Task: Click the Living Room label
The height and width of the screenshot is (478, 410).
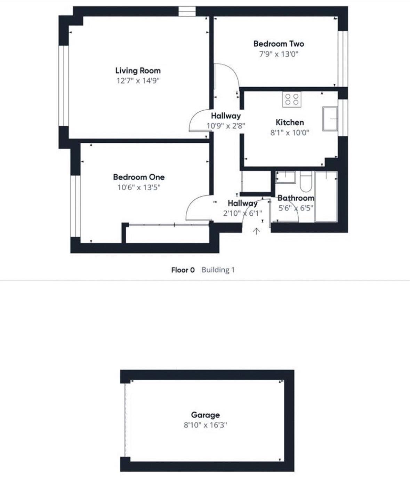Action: click(138, 71)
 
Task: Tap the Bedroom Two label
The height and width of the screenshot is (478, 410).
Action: click(279, 44)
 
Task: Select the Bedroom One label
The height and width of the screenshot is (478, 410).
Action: click(139, 177)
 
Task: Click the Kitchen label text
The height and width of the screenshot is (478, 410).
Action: click(290, 122)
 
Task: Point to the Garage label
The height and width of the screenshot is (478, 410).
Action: click(205, 415)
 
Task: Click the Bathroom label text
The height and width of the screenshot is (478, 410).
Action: click(296, 198)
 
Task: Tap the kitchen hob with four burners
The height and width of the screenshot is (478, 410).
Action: click(292, 99)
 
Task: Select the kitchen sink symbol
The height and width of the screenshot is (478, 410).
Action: click(330, 119)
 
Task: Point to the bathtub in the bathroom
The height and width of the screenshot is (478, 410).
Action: click(326, 197)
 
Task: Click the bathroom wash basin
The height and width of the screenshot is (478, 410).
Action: click(286, 177)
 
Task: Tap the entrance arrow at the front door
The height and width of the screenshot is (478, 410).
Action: click(256, 231)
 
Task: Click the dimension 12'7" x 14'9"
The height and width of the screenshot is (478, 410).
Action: click(138, 81)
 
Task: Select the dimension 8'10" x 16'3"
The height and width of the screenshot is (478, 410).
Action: click(205, 425)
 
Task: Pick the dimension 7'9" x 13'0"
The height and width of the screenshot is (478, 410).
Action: click(279, 54)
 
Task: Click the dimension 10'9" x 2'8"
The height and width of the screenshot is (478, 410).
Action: click(226, 126)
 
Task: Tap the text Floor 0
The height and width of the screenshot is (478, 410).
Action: click(183, 270)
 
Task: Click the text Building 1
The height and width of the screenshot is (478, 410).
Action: click(218, 270)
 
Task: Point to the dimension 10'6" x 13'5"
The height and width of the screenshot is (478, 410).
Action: click(139, 188)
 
